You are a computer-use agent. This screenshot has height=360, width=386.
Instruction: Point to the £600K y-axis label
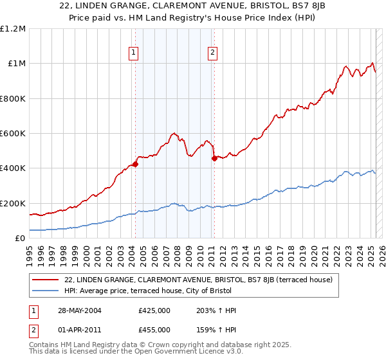[x=13, y=134]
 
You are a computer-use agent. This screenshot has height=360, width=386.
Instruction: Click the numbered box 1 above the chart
[x=133, y=53]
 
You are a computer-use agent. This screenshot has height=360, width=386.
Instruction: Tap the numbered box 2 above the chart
[x=212, y=53]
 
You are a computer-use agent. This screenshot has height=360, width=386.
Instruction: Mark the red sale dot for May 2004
[x=136, y=164]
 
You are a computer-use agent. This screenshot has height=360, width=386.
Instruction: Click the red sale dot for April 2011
[x=214, y=159]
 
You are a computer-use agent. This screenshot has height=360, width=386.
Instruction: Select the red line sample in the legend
[x=46, y=280]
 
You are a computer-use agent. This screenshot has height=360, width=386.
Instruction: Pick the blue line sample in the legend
[x=46, y=291]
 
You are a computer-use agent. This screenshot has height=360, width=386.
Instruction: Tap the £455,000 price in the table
[x=154, y=329]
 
